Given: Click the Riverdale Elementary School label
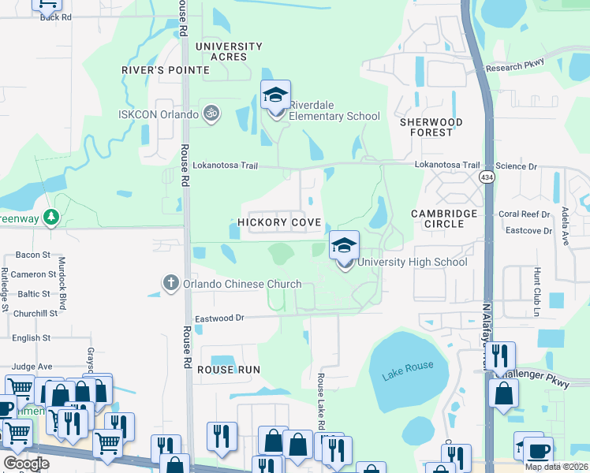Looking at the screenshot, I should [334, 110].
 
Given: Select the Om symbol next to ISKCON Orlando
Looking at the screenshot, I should [210, 114].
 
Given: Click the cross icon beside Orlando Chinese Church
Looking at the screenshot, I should [170, 284].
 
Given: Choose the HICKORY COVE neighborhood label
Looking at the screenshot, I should [279, 223].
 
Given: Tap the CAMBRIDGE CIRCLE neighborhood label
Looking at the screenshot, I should [444, 218].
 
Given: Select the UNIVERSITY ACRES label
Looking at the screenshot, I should [228, 51].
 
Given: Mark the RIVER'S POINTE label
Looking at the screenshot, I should [166, 70].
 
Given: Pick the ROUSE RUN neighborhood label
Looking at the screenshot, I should [228, 370].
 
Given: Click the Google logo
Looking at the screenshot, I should [26, 464].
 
